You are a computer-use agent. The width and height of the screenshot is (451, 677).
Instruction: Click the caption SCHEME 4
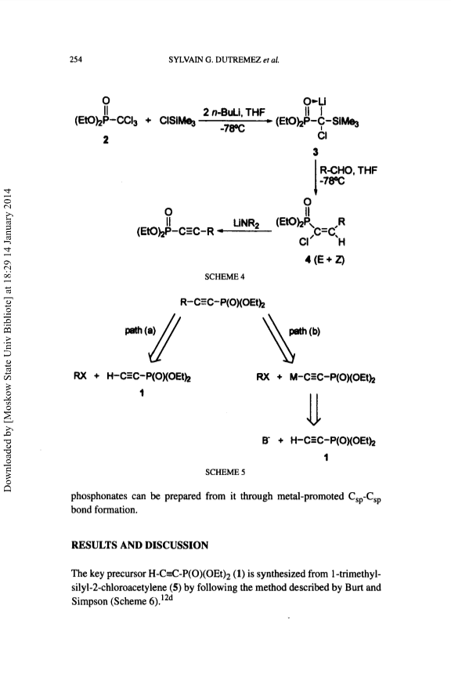point(224,277)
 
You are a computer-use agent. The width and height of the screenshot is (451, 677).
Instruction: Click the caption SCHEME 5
point(225,472)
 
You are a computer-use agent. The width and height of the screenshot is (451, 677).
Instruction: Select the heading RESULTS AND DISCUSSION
point(140,545)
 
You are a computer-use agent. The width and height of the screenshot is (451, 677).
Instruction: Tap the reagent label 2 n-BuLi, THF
point(233,113)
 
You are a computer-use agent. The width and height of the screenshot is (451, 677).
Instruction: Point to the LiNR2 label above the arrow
point(246,223)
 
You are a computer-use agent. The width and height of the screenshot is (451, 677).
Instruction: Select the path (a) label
point(140,331)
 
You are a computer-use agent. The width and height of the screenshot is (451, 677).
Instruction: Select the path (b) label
point(305,331)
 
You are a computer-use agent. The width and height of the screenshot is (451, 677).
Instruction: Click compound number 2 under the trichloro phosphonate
point(106,140)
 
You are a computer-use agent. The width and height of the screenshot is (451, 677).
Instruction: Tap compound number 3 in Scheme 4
point(316,152)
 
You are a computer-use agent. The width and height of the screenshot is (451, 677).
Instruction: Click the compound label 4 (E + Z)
point(324,259)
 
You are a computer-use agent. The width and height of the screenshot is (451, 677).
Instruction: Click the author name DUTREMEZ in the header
point(239,60)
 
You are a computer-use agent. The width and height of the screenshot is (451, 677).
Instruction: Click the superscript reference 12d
point(167,598)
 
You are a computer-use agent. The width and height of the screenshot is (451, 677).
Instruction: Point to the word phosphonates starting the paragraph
point(99,497)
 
